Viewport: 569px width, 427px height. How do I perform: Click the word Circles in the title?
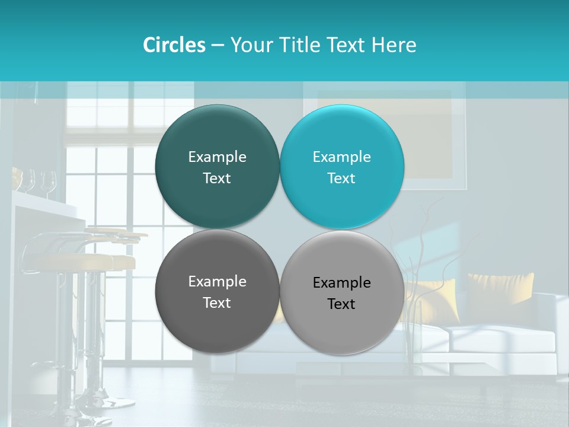pyautogui.click(x=174, y=45)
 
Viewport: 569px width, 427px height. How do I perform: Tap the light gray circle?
pyautogui.click(x=341, y=323)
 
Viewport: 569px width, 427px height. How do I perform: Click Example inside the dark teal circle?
pyautogui.click(x=217, y=157)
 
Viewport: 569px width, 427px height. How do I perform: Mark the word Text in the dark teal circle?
pyautogui.click(x=217, y=178)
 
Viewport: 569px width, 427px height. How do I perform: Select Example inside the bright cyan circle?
pyautogui.click(x=341, y=157)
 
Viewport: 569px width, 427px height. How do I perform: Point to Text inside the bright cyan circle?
pyautogui.click(x=341, y=178)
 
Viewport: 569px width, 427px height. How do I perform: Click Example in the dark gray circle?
pyautogui.click(x=217, y=281)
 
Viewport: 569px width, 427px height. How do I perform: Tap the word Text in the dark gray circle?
pyautogui.click(x=217, y=302)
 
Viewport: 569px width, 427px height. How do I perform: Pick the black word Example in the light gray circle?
pyautogui.click(x=341, y=282)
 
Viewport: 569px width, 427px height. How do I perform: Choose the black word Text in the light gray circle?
pyautogui.click(x=341, y=304)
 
